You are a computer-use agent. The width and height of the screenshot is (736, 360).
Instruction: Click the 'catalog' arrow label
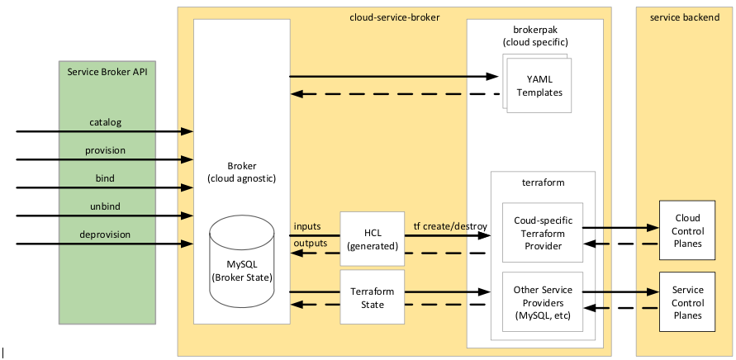tap(106, 122)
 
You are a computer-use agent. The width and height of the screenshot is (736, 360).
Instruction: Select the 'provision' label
tap(105, 150)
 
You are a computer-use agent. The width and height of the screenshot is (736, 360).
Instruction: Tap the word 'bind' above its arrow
tap(105, 178)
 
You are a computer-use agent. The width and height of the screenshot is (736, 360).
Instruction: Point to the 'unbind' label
tap(105, 206)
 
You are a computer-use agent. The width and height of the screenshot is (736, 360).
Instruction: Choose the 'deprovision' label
tap(105, 234)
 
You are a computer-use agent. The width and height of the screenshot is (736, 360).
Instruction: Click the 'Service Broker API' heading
tap(112, 72)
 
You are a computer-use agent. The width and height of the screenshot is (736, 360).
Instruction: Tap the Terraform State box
tap(373, 297)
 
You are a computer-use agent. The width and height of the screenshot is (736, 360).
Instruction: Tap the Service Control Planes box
tap(686, 302)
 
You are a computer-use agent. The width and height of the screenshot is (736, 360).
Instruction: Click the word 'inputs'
tap(307, 227)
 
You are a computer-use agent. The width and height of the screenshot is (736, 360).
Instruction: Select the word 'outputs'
tap(311, 244)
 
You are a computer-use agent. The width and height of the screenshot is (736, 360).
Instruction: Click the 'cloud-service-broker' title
tap(393, 16)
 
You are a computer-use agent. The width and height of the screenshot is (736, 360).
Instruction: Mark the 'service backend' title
tap(685, 16)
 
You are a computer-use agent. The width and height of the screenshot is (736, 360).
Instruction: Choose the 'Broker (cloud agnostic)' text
tap(241, 172)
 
